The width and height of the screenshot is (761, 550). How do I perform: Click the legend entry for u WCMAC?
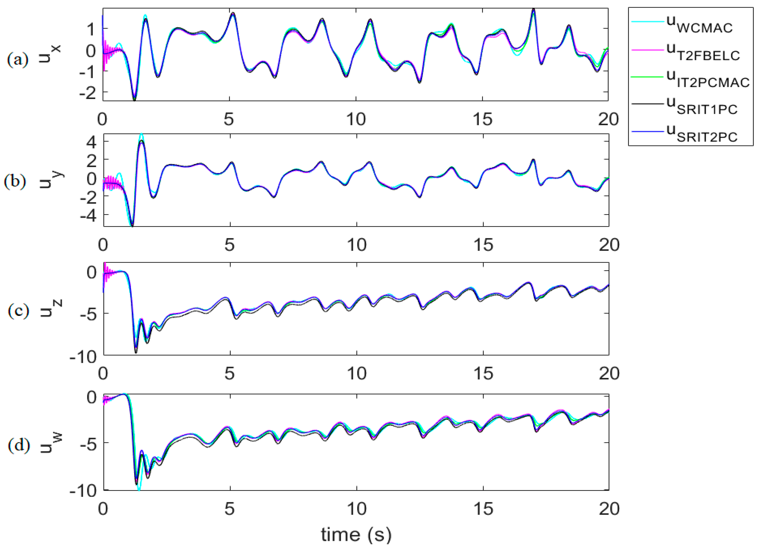[x=691, y=24]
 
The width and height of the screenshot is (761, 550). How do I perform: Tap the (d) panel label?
[x=18, y=446]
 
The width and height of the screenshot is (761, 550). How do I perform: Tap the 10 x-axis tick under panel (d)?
[x=356, y=509]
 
